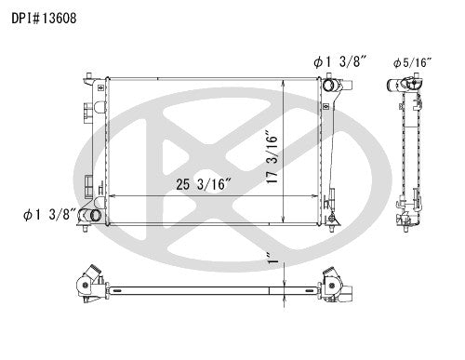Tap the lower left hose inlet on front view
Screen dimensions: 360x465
(x=91, y=217)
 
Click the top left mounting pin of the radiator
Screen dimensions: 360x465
(x=86, y=73)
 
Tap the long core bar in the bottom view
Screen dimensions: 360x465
(x=209, y=287)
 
